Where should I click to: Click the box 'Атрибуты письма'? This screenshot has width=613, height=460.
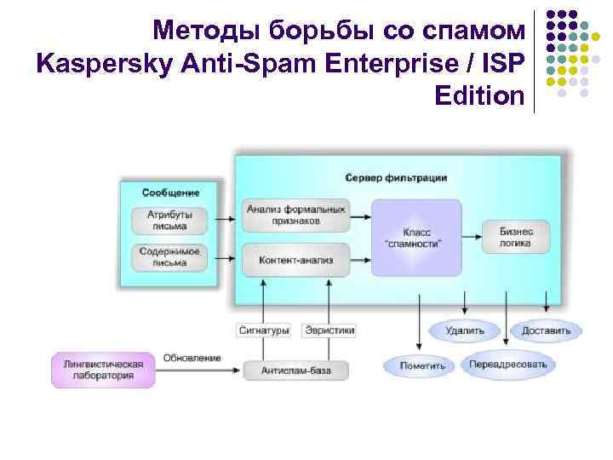[x=170, y=221]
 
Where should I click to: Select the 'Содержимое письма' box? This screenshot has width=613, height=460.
[x=170, y=256]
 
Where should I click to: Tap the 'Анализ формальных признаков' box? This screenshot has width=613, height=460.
[x=295, y=214]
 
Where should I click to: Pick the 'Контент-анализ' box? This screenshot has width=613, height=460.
[x=295, y=259]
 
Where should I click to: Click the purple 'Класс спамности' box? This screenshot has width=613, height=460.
[x=416, y=237]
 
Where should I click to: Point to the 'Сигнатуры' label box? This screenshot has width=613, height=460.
[x=263, y=330]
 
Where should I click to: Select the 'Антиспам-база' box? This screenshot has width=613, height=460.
[x=295, y=371]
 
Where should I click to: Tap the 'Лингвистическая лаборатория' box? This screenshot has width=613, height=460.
[x=103, y=369]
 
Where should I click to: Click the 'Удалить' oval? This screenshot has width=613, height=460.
[x=463, y=330]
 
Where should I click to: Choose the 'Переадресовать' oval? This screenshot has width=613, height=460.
[x=509, y=365]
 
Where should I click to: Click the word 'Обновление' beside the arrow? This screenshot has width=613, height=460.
[x=192, y=358]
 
